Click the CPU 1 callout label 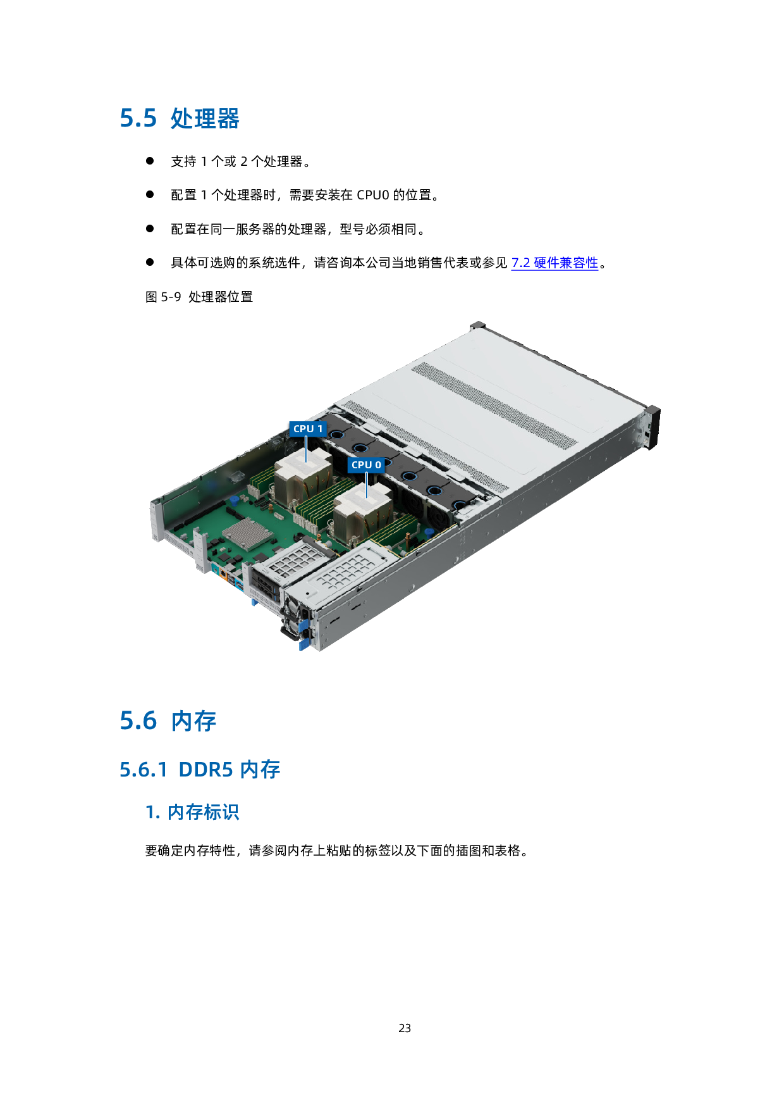[x=308, y=428]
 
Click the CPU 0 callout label [x=366, y=465]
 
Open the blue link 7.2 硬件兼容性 [x=554, y=263]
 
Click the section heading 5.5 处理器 [x=180, y=118]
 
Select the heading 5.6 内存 [x=168, y=721]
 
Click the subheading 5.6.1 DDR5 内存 [x=200, y=770]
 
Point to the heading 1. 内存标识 [x=192, y=812]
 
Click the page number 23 [x=405, y=1028]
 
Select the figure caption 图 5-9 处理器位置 [x=199, y=297]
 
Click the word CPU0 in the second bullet [x=373, y=195]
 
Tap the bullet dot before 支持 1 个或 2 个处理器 [x=150, y=161]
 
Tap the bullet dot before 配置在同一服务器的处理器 [x=150, y=228]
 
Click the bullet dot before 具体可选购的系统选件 [x=150, y=262]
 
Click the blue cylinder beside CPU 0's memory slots [x=429, y=533]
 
